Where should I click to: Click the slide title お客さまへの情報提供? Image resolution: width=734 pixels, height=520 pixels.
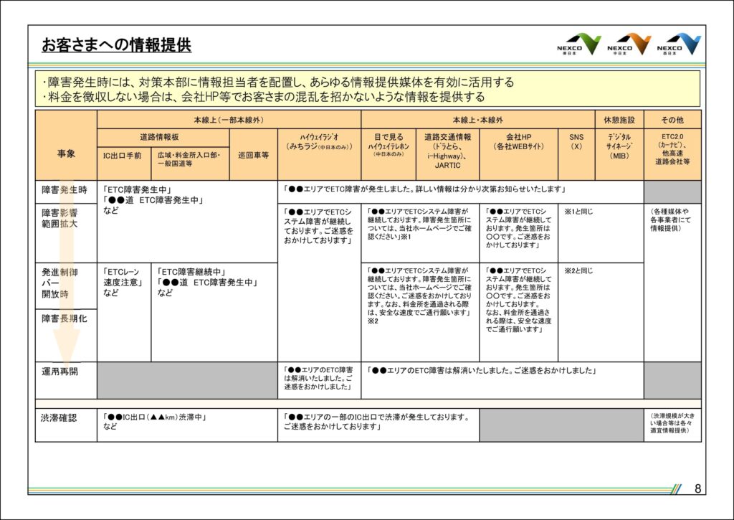tap(116, 45)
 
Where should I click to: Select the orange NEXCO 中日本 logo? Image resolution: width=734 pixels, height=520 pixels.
tap(629, 44)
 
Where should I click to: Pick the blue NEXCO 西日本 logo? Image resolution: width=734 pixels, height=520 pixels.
tap(679, 44)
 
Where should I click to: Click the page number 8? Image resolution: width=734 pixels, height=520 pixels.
tap(697, 488)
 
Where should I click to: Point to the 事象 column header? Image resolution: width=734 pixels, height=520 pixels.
tap(66, 153)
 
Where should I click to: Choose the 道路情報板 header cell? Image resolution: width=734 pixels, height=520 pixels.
tap(163, 136)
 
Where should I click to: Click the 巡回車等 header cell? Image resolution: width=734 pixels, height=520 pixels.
tap(253, 154)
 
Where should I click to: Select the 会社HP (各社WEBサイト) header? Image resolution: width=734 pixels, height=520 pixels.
tap(518, 141)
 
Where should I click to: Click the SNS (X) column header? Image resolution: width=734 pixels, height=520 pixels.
tap(576, 141)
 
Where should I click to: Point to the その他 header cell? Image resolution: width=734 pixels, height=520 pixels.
tap(672, 119)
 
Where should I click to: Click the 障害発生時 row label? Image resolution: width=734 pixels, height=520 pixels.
tap(65, 190)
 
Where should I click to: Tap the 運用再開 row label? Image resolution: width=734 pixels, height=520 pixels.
tap(60, 372)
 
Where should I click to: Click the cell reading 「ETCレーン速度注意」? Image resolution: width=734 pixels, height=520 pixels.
tap(124, 282)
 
